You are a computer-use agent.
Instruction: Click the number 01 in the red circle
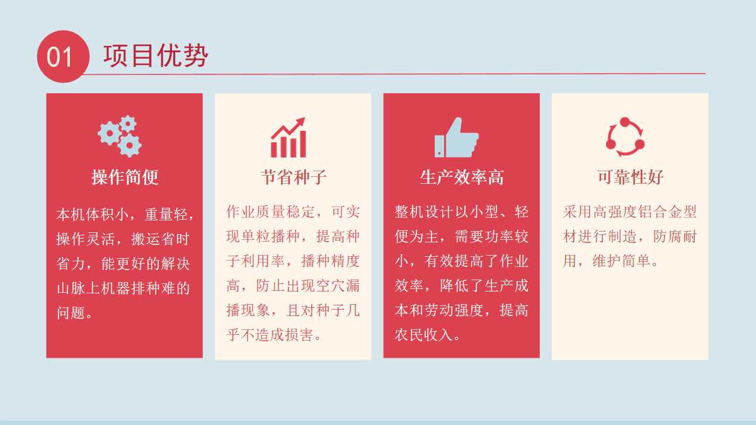click(x=59, y=57)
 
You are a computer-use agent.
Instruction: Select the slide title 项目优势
click(x=156, y=55)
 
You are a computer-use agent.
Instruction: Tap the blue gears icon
click(x=120, y=136)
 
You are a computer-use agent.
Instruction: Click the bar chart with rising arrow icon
click(x=289, y=137)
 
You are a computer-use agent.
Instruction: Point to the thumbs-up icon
click(x=457, y=137)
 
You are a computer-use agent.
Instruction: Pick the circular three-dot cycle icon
click(x=626, y=137)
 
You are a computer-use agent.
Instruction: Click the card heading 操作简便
click(x=125, y=177)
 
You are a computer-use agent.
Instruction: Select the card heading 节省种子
click(x=294, y=177)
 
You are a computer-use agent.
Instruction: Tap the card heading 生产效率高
click(x=462, y=177)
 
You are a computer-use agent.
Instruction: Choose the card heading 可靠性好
click(x=631, y=177)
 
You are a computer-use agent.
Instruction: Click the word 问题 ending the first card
click(x=71, y=313)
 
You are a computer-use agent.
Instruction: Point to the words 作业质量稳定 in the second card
click(x=270, y=212)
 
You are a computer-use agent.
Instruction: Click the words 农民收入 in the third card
click(x=423, y=335)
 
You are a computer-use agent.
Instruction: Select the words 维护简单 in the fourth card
click(x=621, y=261)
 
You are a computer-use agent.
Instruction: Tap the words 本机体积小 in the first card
click(x=93, y=214)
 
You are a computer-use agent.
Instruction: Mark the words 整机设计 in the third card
click(x=423, y=212)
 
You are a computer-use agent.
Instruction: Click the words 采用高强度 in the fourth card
click(x=600, y=212)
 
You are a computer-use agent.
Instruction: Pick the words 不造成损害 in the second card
click(x=277, y=335)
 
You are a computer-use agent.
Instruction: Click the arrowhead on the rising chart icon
click(x=301, y=122)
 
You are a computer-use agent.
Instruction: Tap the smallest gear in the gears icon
click(x=128, y=124)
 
